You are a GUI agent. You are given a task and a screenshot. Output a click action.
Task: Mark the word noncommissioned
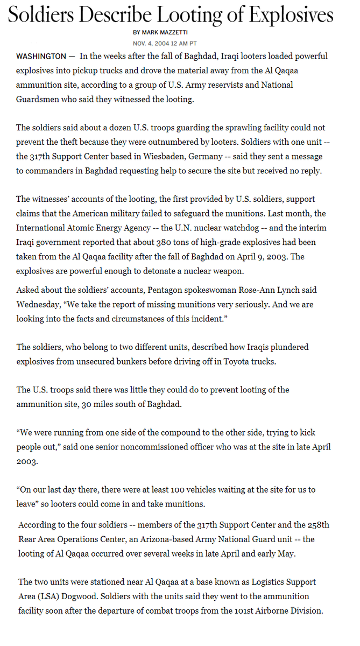click(x=190, y=447)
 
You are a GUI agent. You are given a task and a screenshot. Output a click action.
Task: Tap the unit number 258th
click(x=317, y=525)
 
